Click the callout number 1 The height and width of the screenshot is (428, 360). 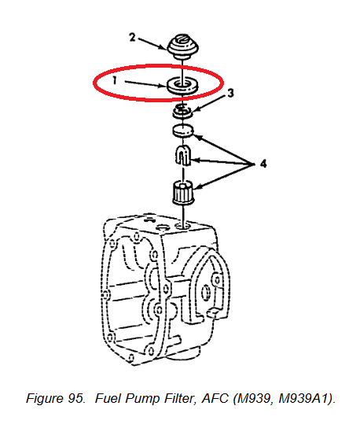click(115, 80)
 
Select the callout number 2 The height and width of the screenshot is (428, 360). click(132, 38)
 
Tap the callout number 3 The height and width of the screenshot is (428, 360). click(231, 93)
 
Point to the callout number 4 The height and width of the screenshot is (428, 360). click(263, 164)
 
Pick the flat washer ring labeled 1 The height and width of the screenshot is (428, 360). click(182, 86)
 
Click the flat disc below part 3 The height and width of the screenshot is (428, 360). click(182, 131)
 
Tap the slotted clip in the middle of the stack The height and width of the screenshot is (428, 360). click(182, 155)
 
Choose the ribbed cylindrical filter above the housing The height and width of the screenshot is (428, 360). click(183, 193)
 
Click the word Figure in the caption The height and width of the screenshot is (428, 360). click(45, 399)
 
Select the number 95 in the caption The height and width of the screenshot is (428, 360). click(76, 398)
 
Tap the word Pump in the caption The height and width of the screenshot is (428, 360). click(142, 399)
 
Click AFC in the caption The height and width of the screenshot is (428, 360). click(215, 398)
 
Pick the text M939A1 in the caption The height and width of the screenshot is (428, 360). click(306, 398)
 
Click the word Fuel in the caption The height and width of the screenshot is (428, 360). click(108, 398)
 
